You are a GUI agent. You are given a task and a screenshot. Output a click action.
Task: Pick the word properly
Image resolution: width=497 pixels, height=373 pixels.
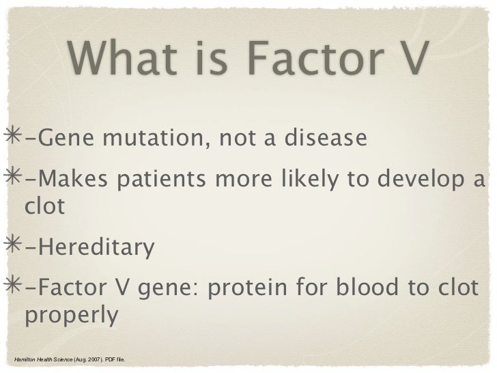point(72,317)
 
